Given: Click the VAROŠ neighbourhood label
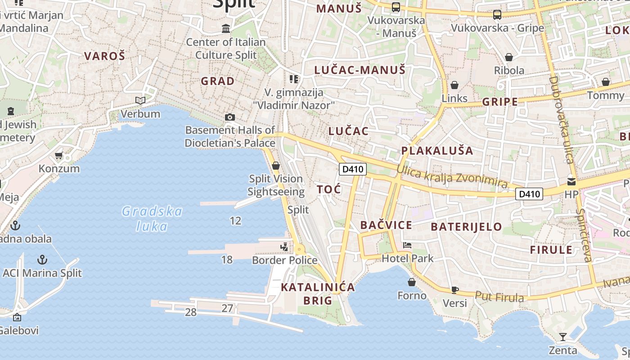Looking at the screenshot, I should [104, 56].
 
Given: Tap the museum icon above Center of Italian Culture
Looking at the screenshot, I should [226, 29].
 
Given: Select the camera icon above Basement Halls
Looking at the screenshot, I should [230, 117].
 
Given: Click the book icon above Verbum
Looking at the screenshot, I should [140, 100].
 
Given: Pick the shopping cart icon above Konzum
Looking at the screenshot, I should [58, 156].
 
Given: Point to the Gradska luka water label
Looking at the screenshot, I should [152, 218].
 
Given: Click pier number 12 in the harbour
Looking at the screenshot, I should [235, 221].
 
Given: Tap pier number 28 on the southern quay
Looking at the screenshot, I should [191, 312].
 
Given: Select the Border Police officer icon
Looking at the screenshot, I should [284, 247].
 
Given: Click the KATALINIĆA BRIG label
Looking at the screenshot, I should [318, 294].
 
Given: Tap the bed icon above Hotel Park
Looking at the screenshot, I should [407, 245].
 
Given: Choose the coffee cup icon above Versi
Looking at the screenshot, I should [455, 290].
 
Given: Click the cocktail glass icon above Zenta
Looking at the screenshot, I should [562, 337].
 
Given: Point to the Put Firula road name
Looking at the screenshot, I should [499, 297].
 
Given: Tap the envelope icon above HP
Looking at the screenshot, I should [571, 182].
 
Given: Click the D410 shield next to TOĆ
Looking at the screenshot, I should [352, 169].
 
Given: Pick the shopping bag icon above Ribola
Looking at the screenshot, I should [509, 57].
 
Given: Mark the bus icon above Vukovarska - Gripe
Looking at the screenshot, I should [497, 15].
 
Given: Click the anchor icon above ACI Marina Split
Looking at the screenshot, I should [42, 260].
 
